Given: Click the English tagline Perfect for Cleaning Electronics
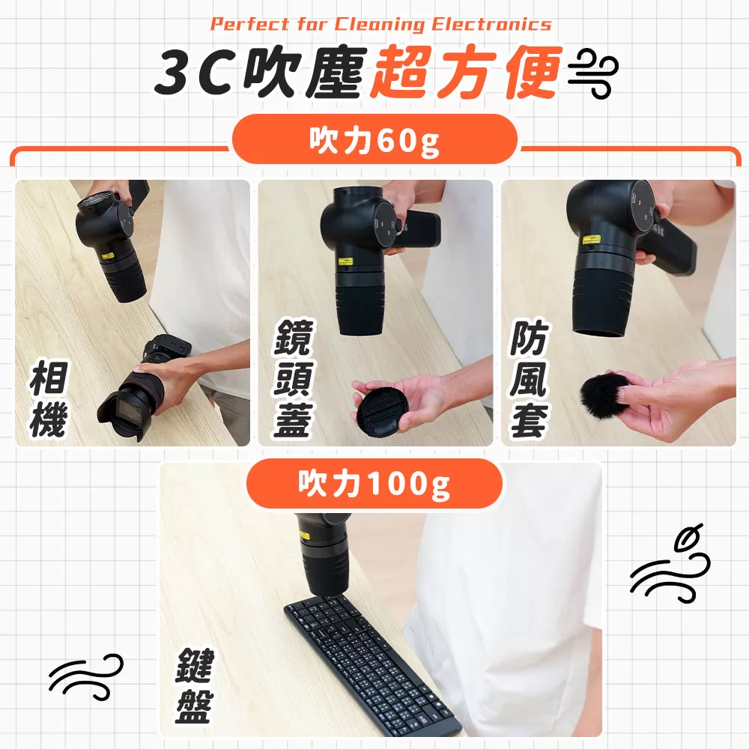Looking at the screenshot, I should (x=380, y=24).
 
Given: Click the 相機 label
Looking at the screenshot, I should (x=49, y=401).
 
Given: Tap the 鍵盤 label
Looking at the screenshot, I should (x=194, y=686).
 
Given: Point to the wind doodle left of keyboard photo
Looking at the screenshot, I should (x=85, y=674).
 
